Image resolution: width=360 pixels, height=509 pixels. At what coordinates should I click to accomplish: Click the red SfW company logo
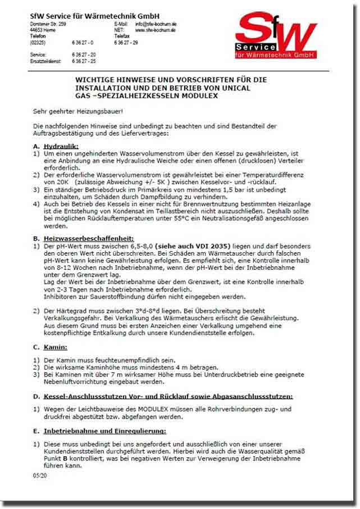pos(275,37)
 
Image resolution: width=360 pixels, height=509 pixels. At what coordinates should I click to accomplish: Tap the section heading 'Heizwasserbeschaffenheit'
pos(90,239)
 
